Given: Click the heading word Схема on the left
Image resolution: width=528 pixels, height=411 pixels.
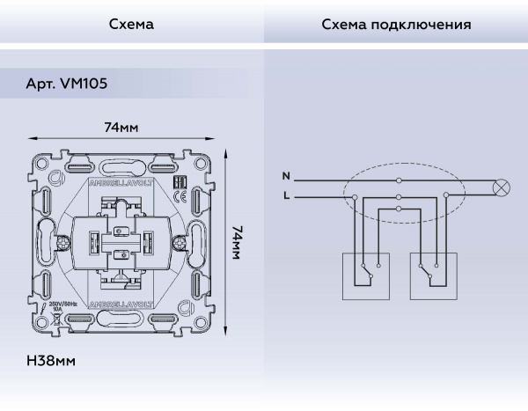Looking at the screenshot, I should pos(131,24).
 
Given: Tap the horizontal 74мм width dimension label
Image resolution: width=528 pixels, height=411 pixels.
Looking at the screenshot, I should pos(121,128).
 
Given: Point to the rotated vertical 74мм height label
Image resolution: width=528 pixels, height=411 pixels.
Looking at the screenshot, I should pos(237,243).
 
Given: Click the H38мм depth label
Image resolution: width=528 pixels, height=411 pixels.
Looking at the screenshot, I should pos(51,362).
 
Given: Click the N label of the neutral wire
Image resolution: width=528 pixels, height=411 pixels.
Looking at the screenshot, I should pos(286,177).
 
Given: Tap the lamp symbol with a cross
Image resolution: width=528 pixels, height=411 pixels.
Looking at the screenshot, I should pos(503,187).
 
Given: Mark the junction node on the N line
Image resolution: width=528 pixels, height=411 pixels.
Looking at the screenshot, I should pos(400,180).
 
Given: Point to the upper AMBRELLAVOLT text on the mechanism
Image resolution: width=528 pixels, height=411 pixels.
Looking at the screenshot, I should pos(122,185).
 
